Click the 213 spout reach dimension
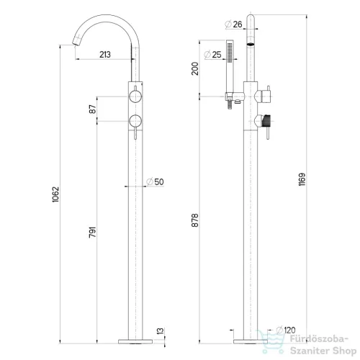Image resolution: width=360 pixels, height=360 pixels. [x=105, y=55]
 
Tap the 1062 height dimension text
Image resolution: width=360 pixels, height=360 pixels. [x=55, y=194]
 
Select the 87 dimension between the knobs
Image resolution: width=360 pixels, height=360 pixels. [x=93, y=109]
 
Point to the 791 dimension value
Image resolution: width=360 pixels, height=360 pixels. [x=93, y=232]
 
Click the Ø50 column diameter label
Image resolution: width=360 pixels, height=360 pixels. [x=155, y=182]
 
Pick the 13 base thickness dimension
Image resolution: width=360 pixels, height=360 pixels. [x=161, y=331]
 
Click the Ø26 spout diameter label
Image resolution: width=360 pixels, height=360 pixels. [x=233, y=24]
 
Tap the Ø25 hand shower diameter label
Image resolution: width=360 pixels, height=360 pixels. [x=212, y=55]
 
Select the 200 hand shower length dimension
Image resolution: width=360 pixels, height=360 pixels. [x=195, y=68]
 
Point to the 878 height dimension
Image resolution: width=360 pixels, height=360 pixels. [x=195, y=220]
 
